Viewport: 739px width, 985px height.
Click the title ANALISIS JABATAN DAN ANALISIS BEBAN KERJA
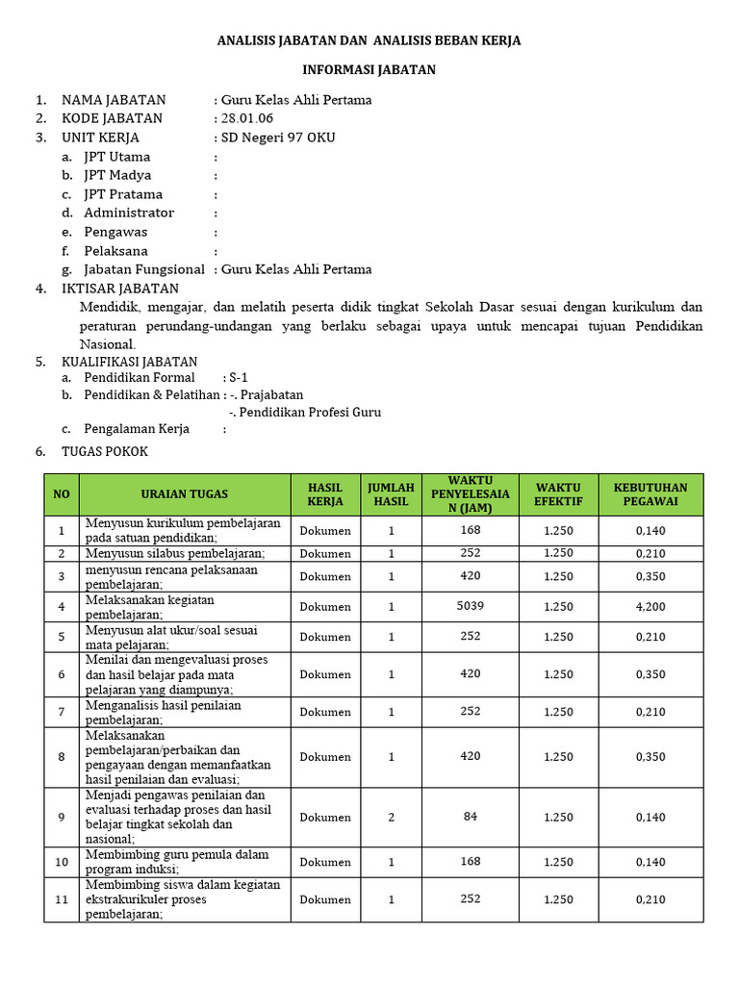369,40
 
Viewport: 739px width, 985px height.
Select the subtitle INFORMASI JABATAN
369,70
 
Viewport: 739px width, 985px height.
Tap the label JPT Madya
116,175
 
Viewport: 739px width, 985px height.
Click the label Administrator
129,213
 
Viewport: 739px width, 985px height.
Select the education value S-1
238,378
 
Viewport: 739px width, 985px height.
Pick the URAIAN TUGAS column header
185,494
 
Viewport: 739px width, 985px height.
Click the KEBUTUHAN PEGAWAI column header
650,494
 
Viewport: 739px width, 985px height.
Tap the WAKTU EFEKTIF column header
558,494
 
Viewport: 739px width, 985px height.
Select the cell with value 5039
470,606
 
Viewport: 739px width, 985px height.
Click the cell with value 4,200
650,607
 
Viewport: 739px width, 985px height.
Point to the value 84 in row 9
470,817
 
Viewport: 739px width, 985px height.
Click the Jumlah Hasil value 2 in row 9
391,817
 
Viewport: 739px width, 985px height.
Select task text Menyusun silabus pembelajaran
175,553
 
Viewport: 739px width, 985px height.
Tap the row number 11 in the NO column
62,899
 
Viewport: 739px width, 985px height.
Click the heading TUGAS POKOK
105,451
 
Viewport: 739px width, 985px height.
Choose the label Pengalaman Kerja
137,429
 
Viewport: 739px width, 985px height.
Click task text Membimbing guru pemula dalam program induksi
177,861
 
